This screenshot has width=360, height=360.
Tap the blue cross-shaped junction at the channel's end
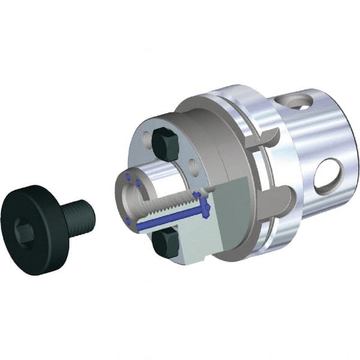(205, 209)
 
